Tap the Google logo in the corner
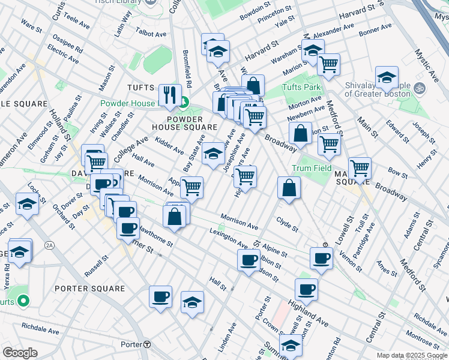20,353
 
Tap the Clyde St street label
287,224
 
